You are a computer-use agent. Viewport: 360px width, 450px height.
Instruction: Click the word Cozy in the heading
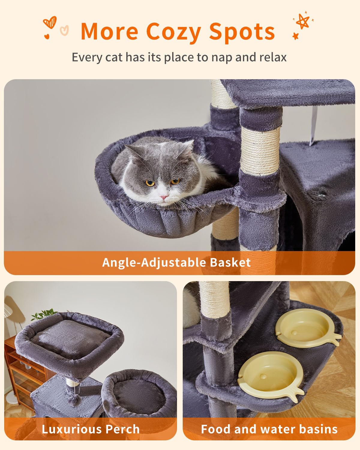pyautogui.click(x=173, y=32)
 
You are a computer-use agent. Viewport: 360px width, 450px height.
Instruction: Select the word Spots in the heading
pyautogui.click(x=242, y=32)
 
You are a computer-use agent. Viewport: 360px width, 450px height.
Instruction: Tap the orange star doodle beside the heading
pyautogui.click(x=302, y=22)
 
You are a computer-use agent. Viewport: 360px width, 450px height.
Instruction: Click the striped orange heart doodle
pyautogui.click(x=49, y=22)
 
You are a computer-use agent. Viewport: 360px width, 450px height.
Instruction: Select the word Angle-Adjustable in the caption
pyautogui.click(x=154, y=263)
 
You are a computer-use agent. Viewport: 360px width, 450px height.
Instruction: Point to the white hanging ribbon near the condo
pyautogui.click(x=314, y=126)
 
